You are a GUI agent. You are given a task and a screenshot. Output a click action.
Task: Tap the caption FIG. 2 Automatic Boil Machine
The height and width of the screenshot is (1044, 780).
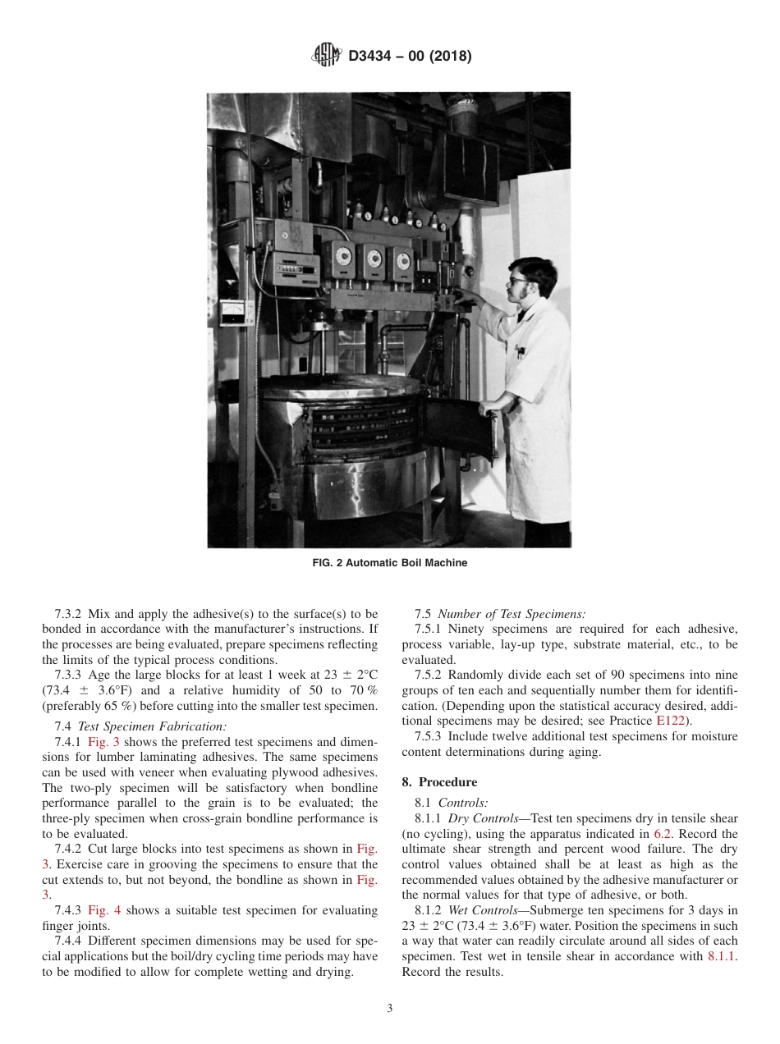pyautogui.click(x=389, y=563)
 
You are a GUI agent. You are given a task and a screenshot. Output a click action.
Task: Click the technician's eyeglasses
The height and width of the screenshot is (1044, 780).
pyautogui.click(x=517, y=281)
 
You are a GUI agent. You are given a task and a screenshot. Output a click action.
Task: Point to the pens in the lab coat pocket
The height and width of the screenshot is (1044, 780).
pyautogui.click(x=521, y=351)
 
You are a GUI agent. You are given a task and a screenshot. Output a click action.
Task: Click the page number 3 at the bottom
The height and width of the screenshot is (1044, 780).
pyautogui.click(x=390, y=1009)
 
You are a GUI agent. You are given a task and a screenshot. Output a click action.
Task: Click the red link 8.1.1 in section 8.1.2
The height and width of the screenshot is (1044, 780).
pyautogui.click(x=722, y=957)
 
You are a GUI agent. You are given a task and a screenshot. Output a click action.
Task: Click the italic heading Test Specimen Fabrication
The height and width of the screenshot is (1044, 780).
pyautogui.click(x=140, y=726)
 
